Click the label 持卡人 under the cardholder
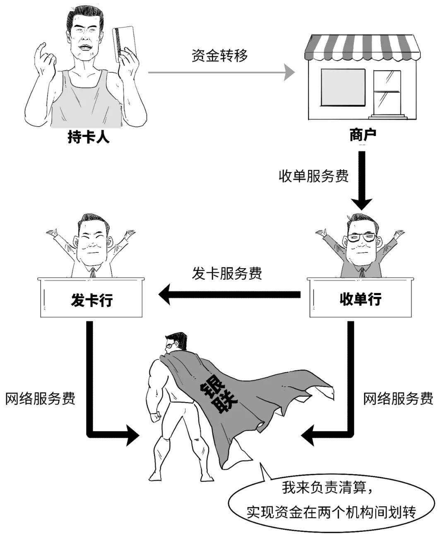(x=89, y=137)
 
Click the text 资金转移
(x=220, y=55)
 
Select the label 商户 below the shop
(x=363, y=135)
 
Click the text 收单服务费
(x=314, y=176)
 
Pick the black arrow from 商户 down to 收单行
(x=362, y=180)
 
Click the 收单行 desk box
(x=360, y=298)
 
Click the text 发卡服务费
(x=227, y=273)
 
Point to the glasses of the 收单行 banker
(x=361, y=238)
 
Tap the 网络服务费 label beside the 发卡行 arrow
(x=40, y=398)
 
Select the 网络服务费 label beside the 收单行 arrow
(x=398, y=398)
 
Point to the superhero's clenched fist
(x=156, y=416)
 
